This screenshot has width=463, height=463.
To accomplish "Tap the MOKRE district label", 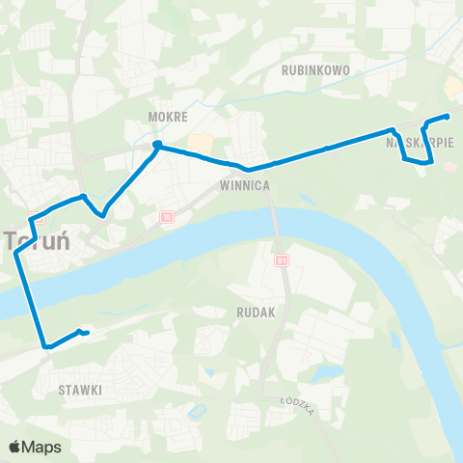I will (161, 117).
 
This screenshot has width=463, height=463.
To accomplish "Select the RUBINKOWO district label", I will (314, 70).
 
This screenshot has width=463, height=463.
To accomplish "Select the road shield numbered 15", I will (167, 217).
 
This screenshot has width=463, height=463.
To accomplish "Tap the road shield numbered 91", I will (281, 260).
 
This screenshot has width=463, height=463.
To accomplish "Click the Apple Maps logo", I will (34, 447).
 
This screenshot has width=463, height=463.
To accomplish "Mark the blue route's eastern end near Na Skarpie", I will (448, 117).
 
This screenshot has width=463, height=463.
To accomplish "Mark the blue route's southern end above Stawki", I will (87, 334).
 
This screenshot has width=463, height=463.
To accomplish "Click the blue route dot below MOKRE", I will (156, 146).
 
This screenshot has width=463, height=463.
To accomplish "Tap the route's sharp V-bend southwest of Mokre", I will (101, 214).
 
